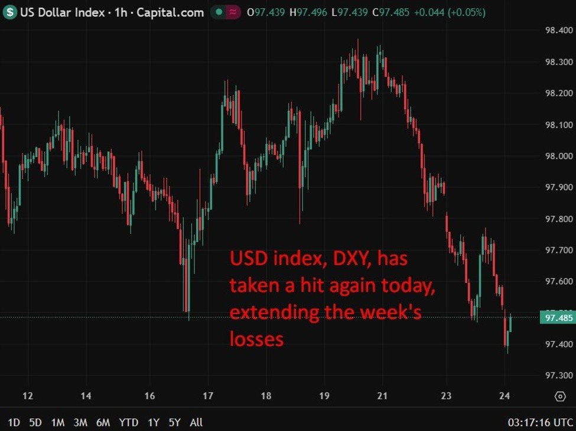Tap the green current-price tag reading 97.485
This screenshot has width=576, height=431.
pyautogui.click(x=556, y=318)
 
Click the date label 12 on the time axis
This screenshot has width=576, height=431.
pyautogui.click(x=27, y=396)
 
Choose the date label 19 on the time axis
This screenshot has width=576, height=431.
pyautogui.click(x=324, y=396)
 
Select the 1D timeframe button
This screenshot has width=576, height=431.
pyautogui.click(x=14, y=422)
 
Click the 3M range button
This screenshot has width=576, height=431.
pyautogui.click(x=80, y=422)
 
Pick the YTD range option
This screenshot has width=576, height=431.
pyautogui.click(x=128, y=422)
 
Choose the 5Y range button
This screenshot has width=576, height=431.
pyautogui.click(x=174, y=422)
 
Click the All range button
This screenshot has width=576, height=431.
pyautogui.click(x=196, y=422)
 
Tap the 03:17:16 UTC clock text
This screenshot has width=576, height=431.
pyautogui.click(x=541, y=422)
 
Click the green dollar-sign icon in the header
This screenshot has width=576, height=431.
pyautogui.click(x=10, y=12)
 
